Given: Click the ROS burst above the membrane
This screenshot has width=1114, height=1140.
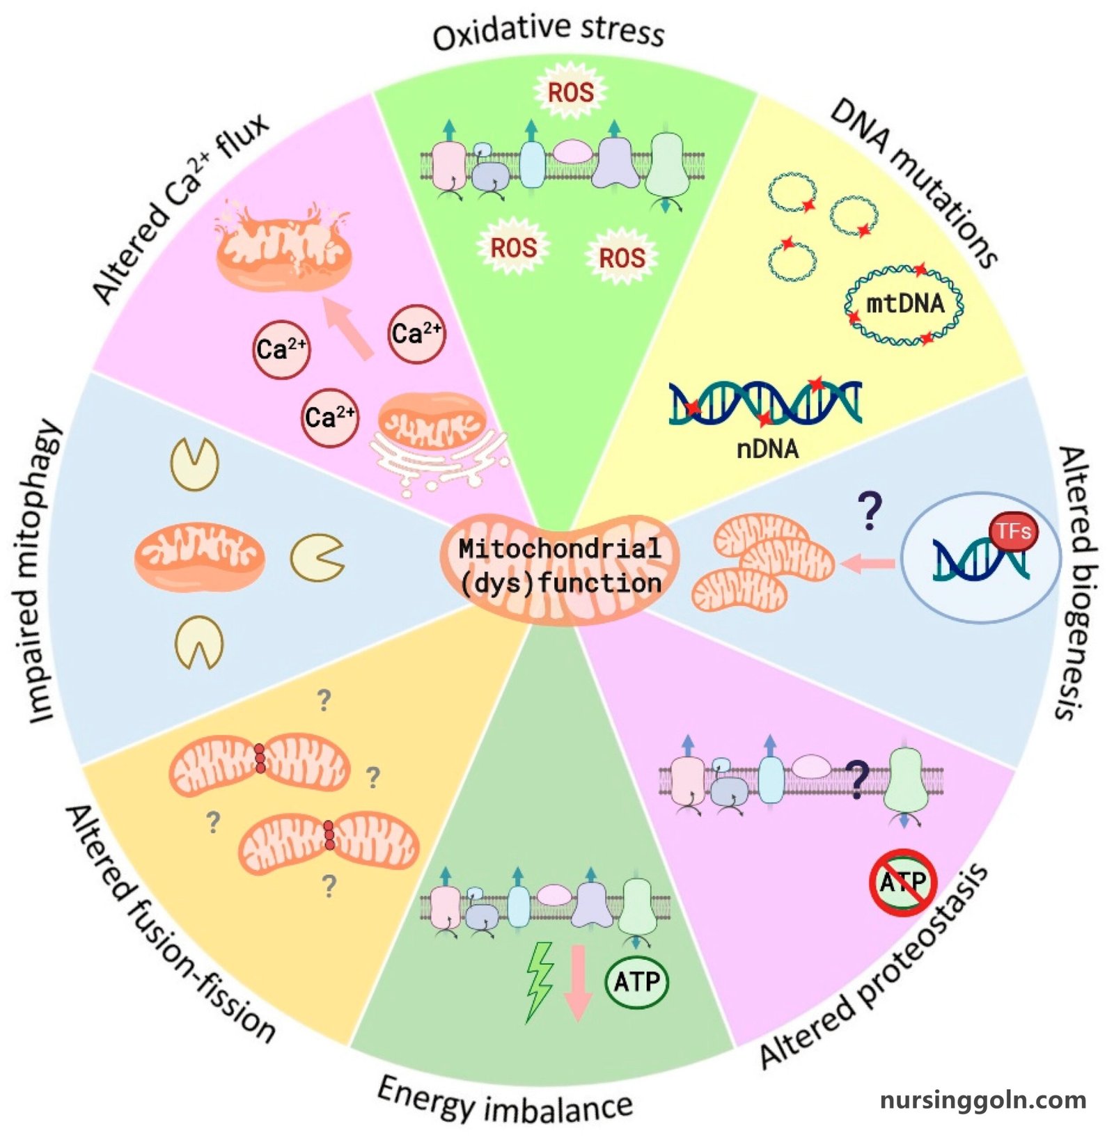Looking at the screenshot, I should pyautogui.click(x=570, y=92).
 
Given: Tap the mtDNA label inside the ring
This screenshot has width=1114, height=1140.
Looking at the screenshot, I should pyautogui.click(x=904, y=303).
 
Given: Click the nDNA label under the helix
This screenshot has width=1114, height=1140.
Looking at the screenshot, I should pyautogui.click(x=767, y=449).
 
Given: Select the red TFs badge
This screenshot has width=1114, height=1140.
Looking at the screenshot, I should pyautogui.click(x=1013, y=532).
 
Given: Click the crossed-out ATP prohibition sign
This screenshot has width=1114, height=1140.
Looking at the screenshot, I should pyautogui.click(x=903, y=882).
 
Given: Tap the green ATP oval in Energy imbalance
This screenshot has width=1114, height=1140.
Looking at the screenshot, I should pyautogui.click(x=636, y=981).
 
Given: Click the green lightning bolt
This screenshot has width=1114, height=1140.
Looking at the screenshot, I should pyautogui.click(x=539, y=981).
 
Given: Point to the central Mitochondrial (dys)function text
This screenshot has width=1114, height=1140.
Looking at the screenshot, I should pyautogui.click(x=560, y=566).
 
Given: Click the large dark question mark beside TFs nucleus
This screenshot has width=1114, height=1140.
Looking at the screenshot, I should pyautogui.click(x=870, y=512).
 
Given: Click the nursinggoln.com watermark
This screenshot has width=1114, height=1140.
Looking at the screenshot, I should pyautogui.click(x=982, y=1100).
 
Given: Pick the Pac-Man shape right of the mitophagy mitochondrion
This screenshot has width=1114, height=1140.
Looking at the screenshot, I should pyautogui.click(x=316, y=557).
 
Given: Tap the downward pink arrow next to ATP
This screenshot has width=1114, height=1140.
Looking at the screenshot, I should pyautogui.click(x=577, y=981).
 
